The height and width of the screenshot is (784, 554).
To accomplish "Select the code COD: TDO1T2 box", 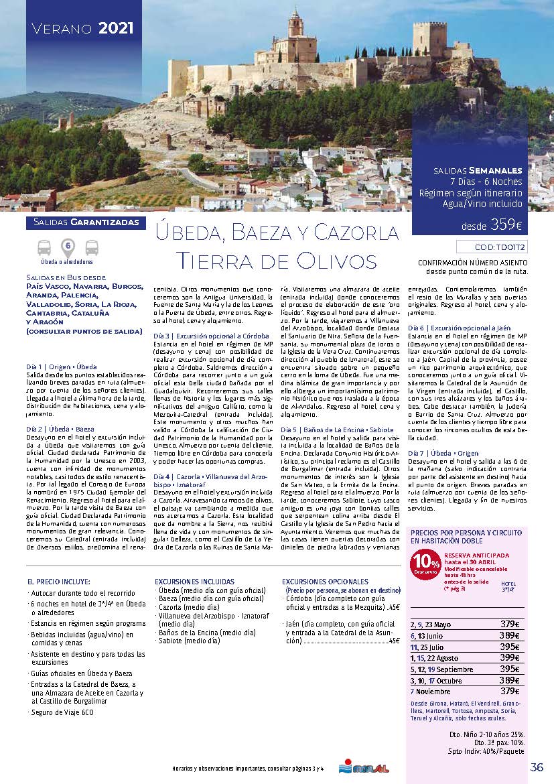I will (x=491, y=247).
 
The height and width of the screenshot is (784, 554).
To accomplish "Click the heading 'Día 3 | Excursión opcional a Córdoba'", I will (x=211, y=335).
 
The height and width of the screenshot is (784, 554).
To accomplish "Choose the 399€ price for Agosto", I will (x=510, y=657).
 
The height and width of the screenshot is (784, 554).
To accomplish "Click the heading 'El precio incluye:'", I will (x=59, y=581).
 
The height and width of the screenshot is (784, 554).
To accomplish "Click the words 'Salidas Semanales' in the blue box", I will (x=478, y=170).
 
